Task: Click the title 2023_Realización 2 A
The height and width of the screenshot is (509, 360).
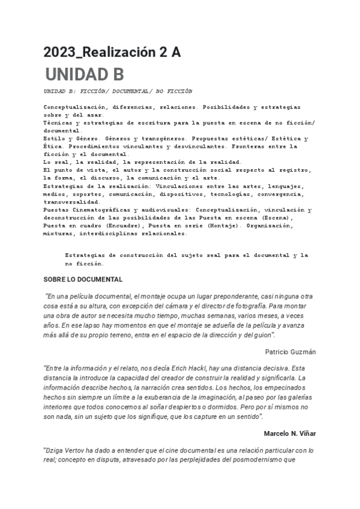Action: (112, 53)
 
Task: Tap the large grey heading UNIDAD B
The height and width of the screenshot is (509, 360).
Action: (85, 74)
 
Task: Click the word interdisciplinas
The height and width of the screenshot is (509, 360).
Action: (106, 233)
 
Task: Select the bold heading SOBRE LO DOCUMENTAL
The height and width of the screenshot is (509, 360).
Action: (83, 279)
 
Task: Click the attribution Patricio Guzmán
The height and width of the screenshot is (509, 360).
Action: (290, 351)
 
